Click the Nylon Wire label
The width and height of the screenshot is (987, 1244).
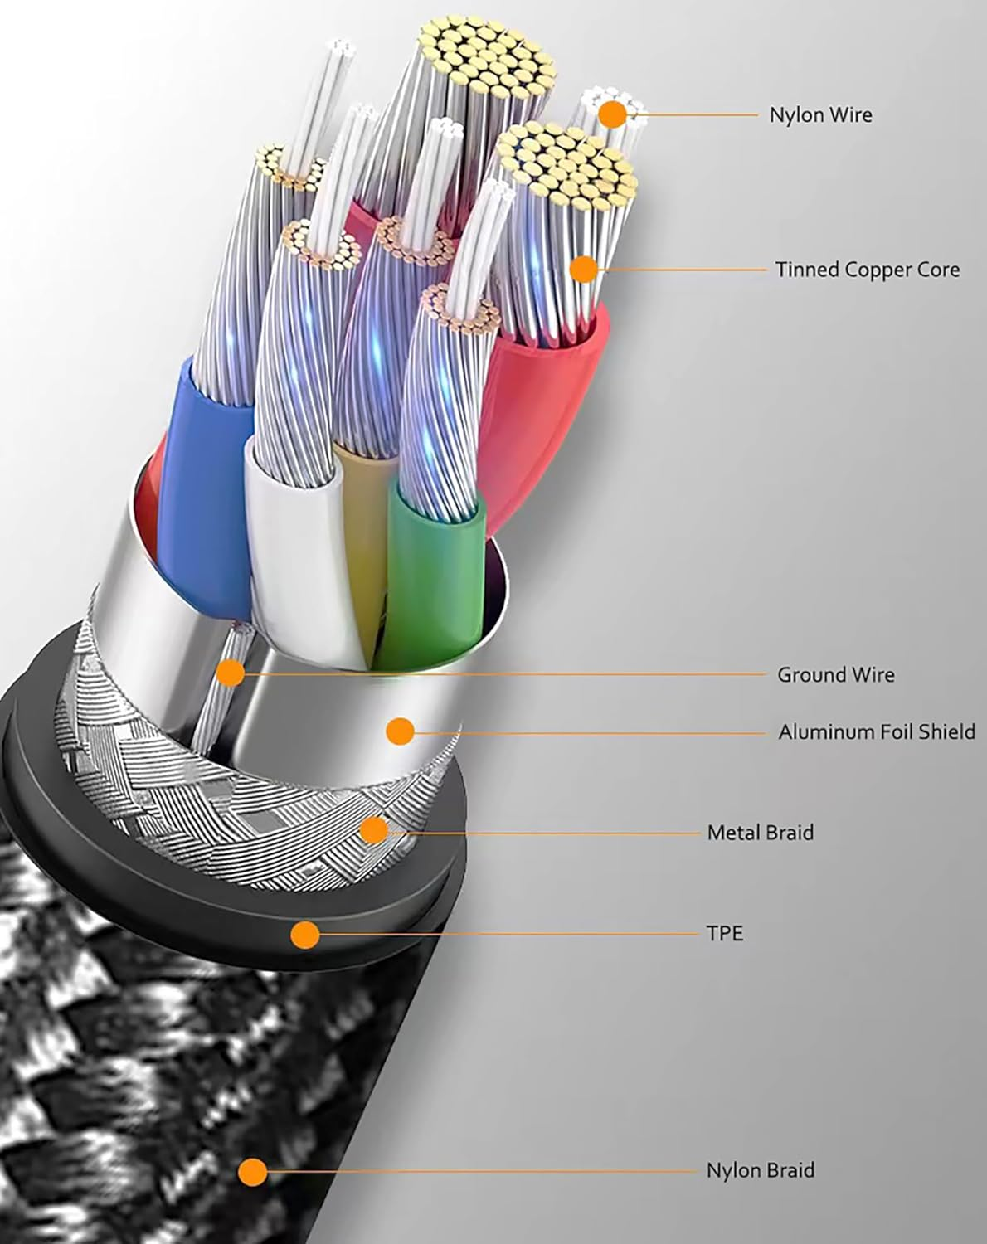tap(820, 114)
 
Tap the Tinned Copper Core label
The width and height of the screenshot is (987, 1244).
tap(868, 270)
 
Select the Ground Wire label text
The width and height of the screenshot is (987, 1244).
tap(835, 674)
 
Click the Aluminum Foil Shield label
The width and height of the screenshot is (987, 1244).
tap(876, 731)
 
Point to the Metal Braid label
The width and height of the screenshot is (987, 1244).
tap(760, 832)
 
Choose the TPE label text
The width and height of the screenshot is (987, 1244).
tap(724, 933)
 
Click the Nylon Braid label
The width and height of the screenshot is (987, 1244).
tap(760, 1170)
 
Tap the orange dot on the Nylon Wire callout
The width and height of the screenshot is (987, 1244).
tap(613, 114)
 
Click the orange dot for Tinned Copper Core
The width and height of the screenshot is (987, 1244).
tap(584, 269)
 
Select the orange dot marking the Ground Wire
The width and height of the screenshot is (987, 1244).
tap(231, 673)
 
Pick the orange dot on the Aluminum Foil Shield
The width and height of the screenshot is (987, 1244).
tap(400, 731)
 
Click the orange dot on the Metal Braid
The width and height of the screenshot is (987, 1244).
tap(374, 829)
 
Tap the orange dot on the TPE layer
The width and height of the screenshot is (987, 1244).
tap(305, 935)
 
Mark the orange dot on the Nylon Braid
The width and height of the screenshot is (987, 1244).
tap(252, 1172)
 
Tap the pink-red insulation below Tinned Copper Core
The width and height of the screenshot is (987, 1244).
tap(547, 373)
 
